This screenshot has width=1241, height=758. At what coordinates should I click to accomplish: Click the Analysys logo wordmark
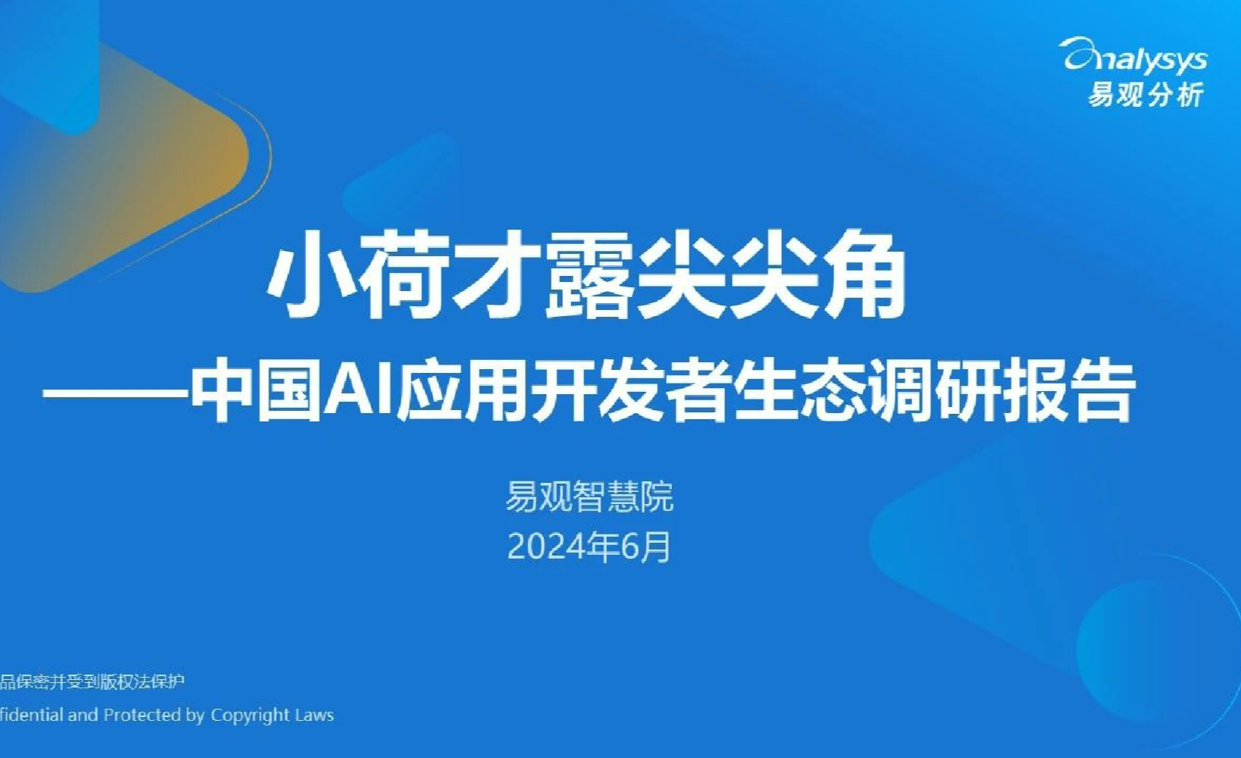(x=1136, y=57)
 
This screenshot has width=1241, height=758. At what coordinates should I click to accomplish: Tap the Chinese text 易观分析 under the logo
(x=1146, y=94)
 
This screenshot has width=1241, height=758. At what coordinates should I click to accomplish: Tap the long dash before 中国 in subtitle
(x=115, y=393)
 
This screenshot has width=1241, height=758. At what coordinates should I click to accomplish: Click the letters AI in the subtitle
(x=359, y=393)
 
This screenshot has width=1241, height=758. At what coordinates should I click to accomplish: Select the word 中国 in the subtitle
(x=257, y=393)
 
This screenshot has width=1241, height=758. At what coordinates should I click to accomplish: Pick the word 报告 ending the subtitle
(x=1068, y=393)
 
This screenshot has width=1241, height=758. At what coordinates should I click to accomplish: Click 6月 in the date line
(x=646, y=547)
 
